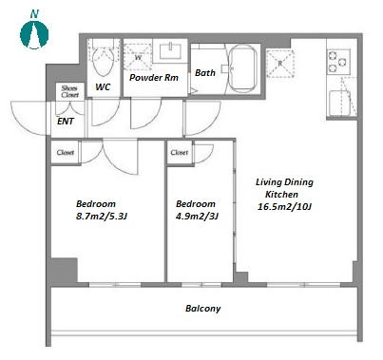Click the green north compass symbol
click(34, 34)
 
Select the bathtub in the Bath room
click(242, 68)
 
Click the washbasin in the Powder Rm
click(170, 51)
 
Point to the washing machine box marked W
click(138, 57)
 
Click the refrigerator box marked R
click(280, 64)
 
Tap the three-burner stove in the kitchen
click(338, 62)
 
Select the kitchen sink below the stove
click(340, 104)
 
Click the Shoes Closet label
click(69, 91)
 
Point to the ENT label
click(66, 122)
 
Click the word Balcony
click(203, 309)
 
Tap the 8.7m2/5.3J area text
click(102, 217)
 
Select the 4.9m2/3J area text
click(197, 217)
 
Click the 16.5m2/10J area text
click(285, 207)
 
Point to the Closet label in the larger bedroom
click(66, 153)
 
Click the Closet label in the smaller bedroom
click(180, 153)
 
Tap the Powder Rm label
click(154, 78)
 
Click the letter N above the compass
click(34, 14)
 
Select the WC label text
click(103, 86)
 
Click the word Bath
click(205, 73)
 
